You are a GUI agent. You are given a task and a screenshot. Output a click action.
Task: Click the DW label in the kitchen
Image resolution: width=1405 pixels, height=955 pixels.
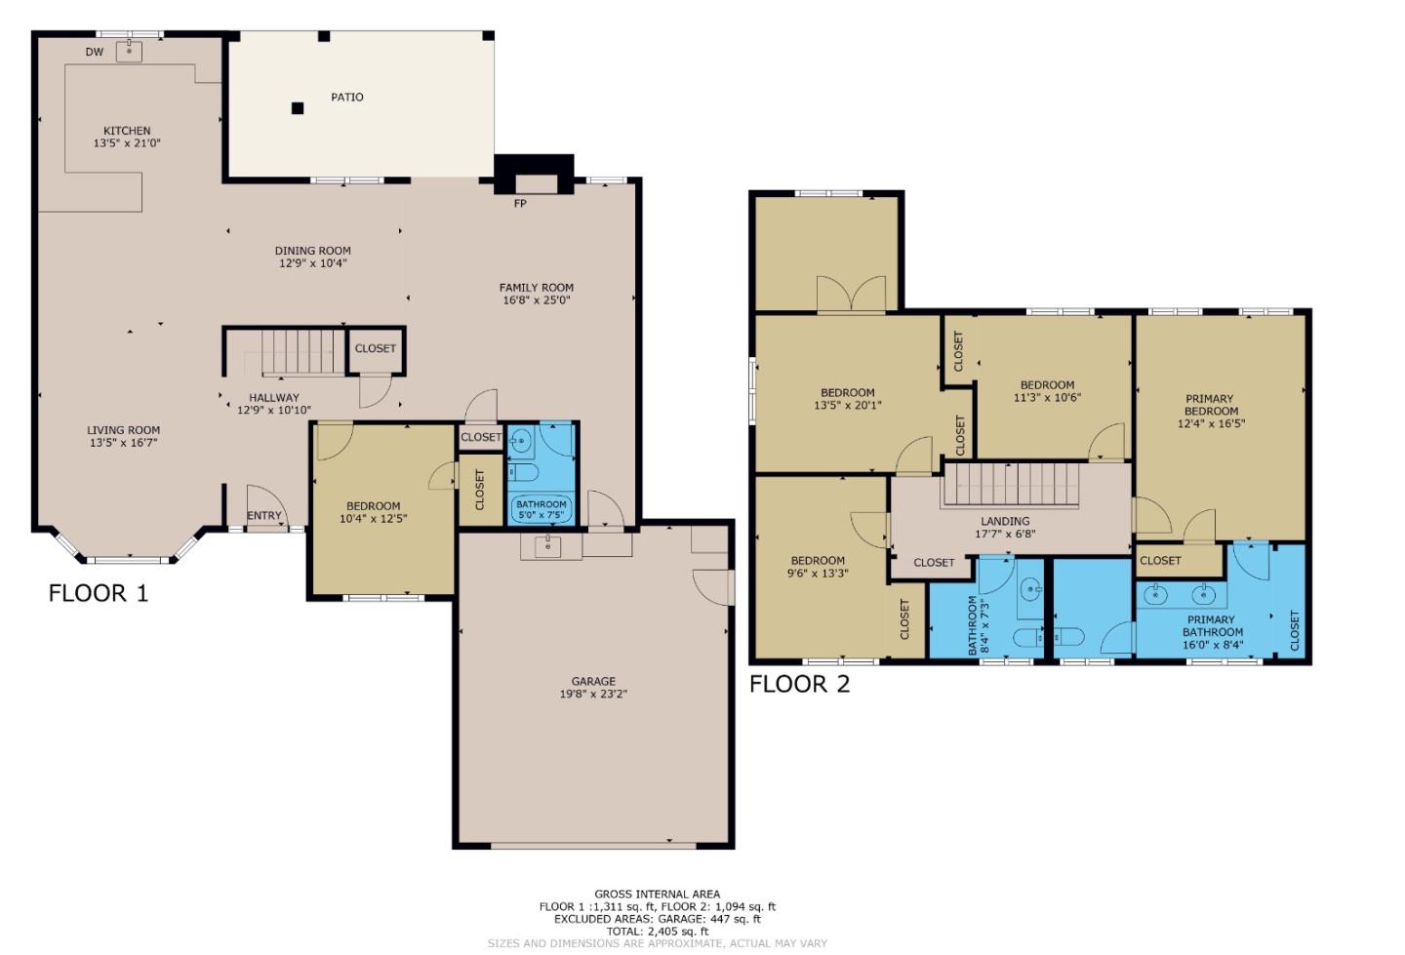[95, 52]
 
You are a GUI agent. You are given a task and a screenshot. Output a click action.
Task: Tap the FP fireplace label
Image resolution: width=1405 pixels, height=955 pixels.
[520, 204]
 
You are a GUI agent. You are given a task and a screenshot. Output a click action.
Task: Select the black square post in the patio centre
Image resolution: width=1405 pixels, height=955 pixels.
[298, 108]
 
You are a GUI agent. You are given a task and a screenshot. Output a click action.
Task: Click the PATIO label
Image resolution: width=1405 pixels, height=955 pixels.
[347, 98]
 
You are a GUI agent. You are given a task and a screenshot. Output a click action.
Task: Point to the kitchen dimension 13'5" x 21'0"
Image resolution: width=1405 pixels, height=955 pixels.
[127, 143]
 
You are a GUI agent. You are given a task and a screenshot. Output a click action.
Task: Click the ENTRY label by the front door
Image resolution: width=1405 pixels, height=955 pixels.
[264, 515]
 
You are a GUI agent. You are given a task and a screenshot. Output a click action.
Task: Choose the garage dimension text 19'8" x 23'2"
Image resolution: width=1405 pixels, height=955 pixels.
[593, 694]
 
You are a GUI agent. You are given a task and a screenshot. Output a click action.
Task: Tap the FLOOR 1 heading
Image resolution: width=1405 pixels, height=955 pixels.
[99, 593]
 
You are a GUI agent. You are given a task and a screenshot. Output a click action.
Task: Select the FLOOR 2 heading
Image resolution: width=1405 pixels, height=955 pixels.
[800, 684]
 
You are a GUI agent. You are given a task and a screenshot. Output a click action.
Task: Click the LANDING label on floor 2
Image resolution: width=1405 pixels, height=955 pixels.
[1005, 521]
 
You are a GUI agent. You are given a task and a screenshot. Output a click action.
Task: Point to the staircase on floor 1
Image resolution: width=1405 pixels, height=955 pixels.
[298, 352]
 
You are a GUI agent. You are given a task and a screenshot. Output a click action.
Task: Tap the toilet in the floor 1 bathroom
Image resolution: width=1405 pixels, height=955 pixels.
[523, 472]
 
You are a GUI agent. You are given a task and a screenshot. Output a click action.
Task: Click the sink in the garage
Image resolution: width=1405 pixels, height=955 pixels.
[548, 546]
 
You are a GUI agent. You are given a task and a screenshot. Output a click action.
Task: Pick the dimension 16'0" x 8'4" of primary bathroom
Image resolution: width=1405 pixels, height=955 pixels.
[1213, 645]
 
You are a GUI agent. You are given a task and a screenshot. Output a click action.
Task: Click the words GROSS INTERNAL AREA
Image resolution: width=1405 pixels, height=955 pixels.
[658, 895]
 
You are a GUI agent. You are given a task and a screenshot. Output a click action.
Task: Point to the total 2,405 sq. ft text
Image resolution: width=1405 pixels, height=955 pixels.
[658, 932]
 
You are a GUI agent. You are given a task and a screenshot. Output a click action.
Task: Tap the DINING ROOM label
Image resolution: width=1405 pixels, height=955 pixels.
[313, 251]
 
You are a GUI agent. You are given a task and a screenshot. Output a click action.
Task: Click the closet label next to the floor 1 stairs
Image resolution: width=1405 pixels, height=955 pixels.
[376, 348]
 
